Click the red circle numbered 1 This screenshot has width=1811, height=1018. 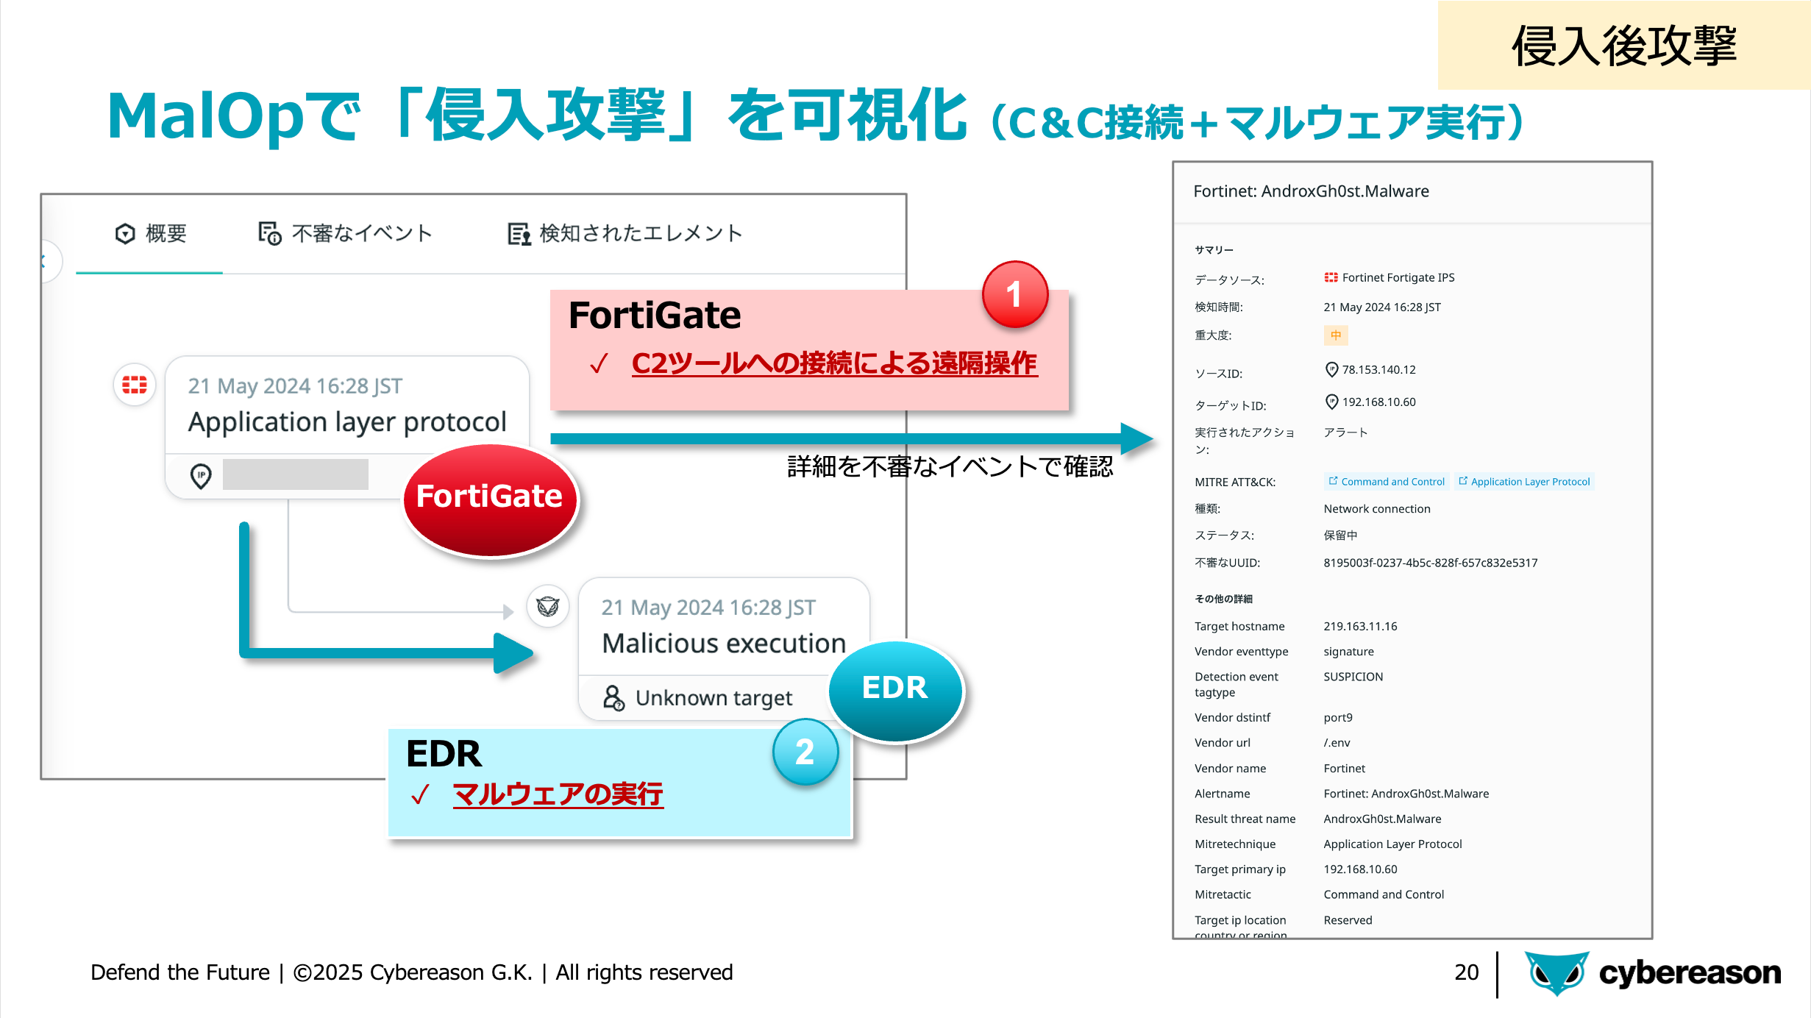pyautogui.click(x=1014, y=295)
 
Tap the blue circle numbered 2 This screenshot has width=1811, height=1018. pyautogui.click(x=805, y=752)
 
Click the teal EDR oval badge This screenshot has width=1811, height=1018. pyautogui.click(x=895, y=688)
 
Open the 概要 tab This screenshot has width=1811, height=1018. pyautogui.click(x=151, y=234)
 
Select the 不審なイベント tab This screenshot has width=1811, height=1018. pyautogui.click(x=345, y=234)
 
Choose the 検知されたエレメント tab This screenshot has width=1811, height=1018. pyautogui.click(x=625, y=234)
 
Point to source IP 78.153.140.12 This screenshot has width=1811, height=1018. pyautogui.click(x=1378, y=370)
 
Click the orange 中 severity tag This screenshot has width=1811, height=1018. pyautogui.click(x=1335, y=335)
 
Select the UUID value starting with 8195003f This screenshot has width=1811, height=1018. pyautogui.click(x=1430, y=563)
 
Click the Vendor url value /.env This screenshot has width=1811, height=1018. pyautogui.click(x=1337, y=743)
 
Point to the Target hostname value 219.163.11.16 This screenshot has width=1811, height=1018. pyautogui.click(x=1360, y=627)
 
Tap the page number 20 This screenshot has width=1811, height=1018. pyautogui.click(x=1466, y=972)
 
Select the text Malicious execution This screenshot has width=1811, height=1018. pyautogui.click(x=724, y=644)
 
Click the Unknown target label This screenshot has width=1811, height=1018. pyautogui.click(x=713, y=698)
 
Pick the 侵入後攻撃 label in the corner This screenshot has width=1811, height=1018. pyautogui.click(x=1623, y=46)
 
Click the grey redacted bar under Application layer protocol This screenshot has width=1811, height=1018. pyautogui.click(x=295, y=474)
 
